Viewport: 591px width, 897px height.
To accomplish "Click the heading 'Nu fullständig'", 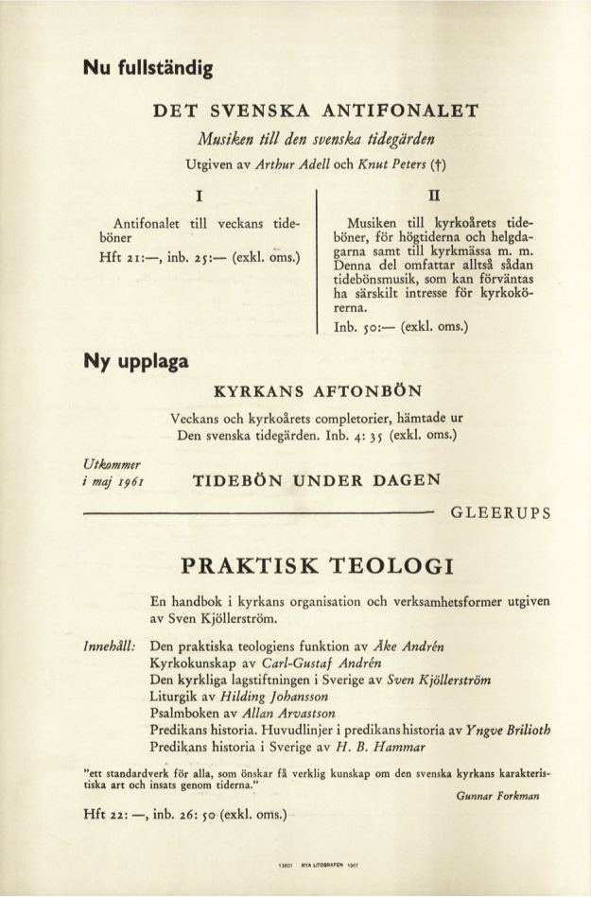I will [148, 67].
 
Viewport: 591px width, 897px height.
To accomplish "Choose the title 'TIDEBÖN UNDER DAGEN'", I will [317, 479].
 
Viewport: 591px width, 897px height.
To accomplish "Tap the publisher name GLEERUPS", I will [500, 514].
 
